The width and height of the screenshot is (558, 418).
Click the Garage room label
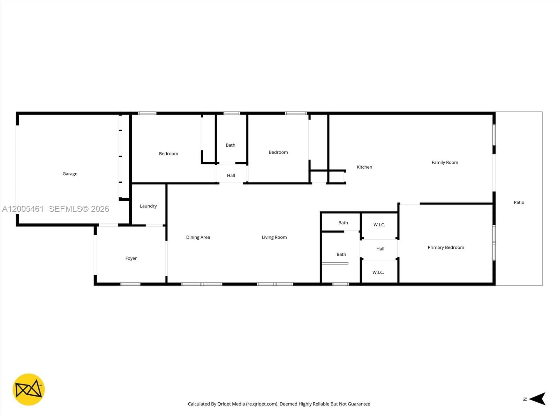70,174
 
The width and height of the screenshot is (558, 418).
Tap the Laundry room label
148,206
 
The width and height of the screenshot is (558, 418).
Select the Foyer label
131,258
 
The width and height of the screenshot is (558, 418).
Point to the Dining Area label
198,238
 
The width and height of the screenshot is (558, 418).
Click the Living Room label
274,238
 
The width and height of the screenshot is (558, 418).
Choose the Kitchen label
364,167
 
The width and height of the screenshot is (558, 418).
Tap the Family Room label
445,163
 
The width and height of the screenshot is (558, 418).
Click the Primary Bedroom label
446,248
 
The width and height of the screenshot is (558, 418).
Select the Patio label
519,202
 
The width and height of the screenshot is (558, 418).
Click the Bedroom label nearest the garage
168,154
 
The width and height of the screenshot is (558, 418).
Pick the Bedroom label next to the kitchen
278,152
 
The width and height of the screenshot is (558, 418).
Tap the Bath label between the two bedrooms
231,145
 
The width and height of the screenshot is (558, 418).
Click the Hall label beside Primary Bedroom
380,249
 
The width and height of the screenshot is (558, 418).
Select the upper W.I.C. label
379,225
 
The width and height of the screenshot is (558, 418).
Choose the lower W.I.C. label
378,272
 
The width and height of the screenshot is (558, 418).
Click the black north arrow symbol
538,399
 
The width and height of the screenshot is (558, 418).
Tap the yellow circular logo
29,389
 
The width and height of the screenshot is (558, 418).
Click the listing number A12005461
23,209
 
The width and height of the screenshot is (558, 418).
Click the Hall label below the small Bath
231,176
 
